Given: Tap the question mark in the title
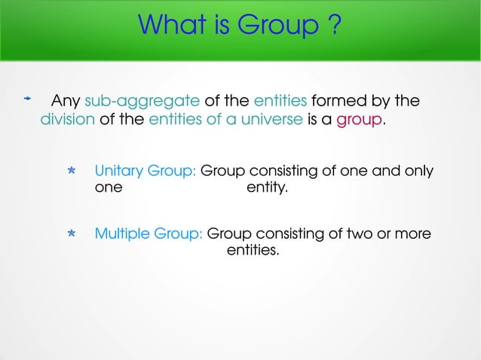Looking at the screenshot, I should pos(333,28).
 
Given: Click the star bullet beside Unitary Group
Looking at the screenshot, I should pos(70,172).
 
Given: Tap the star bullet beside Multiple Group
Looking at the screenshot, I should pos(70,235).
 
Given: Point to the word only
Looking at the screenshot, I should pos(418,171).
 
